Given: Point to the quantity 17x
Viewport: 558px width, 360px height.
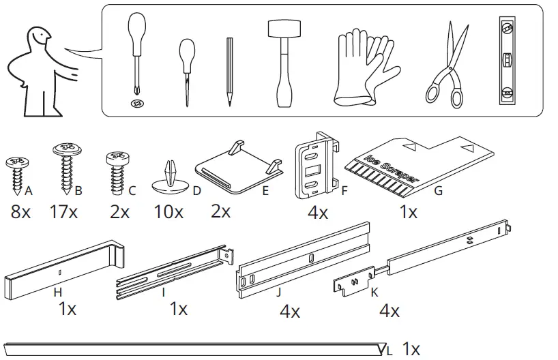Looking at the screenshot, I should (63, 212).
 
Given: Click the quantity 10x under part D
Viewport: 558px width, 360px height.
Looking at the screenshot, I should (168, 212).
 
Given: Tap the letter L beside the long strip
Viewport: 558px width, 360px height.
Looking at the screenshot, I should (390, 351).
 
